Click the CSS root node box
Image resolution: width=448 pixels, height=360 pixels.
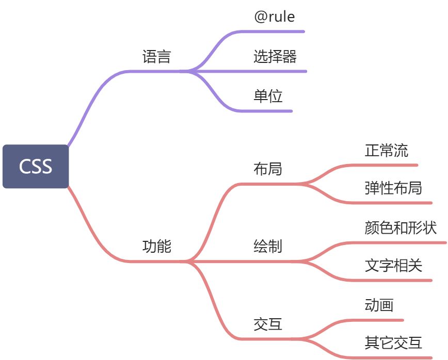(x=36, y=167)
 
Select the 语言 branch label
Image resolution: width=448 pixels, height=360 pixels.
(x=156, y=56)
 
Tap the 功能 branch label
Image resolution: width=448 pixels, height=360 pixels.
(x=156, y=247)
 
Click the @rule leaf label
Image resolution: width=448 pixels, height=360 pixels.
(x=275, y=17)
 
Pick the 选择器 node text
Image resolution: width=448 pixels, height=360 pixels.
(x=275, y=56)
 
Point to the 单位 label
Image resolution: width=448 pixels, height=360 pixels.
(x=268, y=96)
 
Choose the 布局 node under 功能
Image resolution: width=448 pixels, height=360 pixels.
(x=268, y=169)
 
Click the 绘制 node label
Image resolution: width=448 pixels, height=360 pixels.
(x=268, y=247)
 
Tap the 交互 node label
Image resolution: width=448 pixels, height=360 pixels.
(x=268, y=324)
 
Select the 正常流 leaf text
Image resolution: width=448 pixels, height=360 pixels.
(x=386, y=150)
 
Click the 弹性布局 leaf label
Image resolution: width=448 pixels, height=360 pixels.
(x=393, y=188)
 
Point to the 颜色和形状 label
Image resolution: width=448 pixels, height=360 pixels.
(x=401, y=227)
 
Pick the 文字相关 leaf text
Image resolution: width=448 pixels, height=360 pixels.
(x=393, y=266)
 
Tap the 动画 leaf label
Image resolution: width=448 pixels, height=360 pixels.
(x=379, y=305)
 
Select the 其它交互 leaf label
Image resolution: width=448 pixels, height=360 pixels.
(x=393, y=342)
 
